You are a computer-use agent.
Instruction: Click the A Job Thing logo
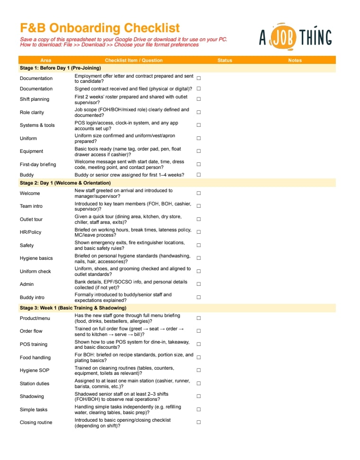pyautogui.click(x=295, y=37)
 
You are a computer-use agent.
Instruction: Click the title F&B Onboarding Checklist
pyautogui.click(x=100, y=28)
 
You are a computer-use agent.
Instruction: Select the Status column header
pyautogui.click(x=225, y=60)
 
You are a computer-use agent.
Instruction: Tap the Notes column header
pyautogui.click(x=295, y=60)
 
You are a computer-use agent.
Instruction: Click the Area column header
pyautogui.click(x=46, y=60)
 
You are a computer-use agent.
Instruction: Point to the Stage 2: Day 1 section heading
pyautogui.click(x=65, y=183)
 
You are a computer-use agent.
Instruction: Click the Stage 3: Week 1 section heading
pyautogui.click(x=73, y=308)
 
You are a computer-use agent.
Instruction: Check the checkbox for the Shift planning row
pyautogui.click(x=198, y=99)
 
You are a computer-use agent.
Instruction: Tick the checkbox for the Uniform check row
pyautogui.click(x=198, y=271)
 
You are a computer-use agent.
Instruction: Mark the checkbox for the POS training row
pyautogui.click(x=198, y=344)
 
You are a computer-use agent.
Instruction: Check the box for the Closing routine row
pyautogui.click(x=198, y=422)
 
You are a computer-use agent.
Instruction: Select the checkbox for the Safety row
pyautogui.click(x=198, y=245)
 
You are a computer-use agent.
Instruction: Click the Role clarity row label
pyautogui.click(x=32, y=112)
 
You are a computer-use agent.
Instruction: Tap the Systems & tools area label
pyautogui.click(x=37, y=125)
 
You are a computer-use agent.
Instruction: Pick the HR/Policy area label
pyautogui.click(x=30, y=232)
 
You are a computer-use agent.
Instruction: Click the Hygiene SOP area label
pyautogui.click(x=34, y=370)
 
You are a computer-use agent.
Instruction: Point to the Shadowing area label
pyautogui.click(x=32, y=396)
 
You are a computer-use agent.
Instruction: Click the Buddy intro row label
pyautogui.click(x=32, y=297)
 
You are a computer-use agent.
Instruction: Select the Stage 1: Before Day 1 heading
pyautogui.click(x=60, y=68)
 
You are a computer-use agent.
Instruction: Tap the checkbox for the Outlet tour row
pyautogui.click(x=198, y=219)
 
